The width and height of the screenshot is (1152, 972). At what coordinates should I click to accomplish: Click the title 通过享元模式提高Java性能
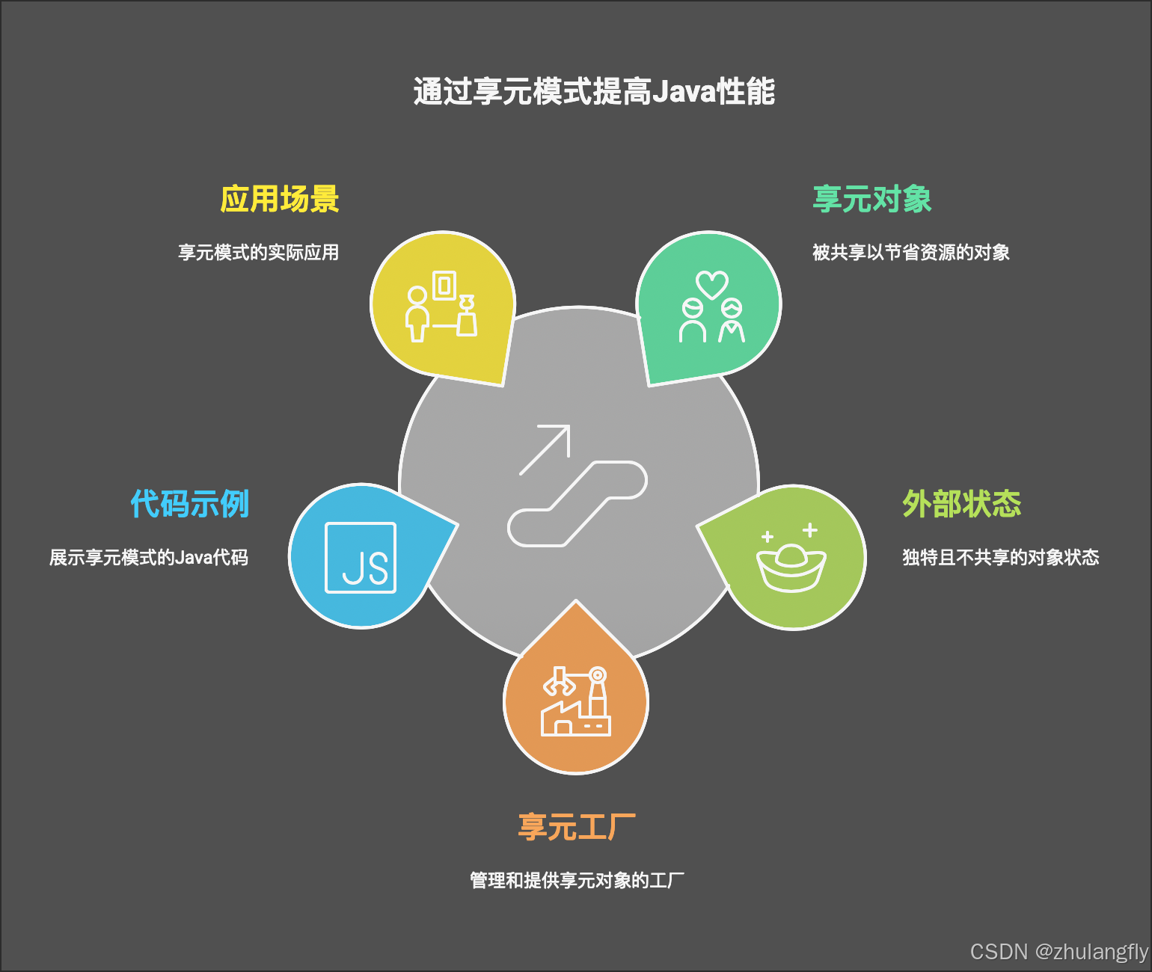pyautogui.click(x=594, y=92)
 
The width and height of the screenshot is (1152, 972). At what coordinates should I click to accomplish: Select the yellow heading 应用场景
pyautogui.click(x=280, y=200)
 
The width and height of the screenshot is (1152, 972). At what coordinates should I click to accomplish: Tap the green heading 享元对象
pyautogui.click(x=872, y=200)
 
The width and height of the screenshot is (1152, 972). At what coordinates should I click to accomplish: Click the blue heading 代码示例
pyautogui.click(x=190, y=504)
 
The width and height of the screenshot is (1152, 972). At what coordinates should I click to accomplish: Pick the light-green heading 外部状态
pyautogui.click(x=962, y=504)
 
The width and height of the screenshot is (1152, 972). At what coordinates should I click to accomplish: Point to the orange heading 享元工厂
pyautogui.click(x=577, y=828)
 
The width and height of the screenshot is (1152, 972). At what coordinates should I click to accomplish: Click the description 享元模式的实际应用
pyautogui.click(x=259, y=253)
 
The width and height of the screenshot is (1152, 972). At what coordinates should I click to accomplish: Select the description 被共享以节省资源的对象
pyautogui.click(x=911, y=253)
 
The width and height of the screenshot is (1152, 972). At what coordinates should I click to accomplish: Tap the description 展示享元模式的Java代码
pyautogui.click(x=149, y=558)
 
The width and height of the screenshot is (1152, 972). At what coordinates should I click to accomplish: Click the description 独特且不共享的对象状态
pyautogui.click(x=1001, y=558)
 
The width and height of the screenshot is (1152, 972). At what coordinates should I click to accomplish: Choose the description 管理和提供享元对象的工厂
pyautogui.click(x=577, y=881)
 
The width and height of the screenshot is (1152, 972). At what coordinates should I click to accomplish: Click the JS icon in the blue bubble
pyautogui.click(x=361, y=558)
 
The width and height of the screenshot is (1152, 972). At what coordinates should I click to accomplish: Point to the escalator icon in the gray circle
pyautogui.click(x=577, y=503)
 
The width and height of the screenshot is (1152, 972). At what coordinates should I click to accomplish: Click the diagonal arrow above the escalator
pyautogui.click(x=546, y=449)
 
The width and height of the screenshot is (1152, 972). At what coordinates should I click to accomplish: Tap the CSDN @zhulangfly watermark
pyautogui.click(x=1058, y=952)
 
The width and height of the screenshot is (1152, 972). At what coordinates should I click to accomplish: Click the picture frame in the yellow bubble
pyautogui.click(x=444, y=285)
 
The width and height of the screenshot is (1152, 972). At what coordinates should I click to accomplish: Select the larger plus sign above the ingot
pyautogui.click(x=809, y=530)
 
